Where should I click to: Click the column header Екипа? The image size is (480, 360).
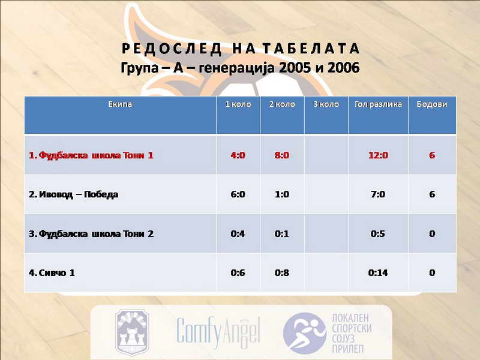120,104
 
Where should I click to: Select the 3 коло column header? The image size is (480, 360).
326,104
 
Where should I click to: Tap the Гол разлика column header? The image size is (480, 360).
378,104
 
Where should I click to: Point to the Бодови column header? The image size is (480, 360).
432,104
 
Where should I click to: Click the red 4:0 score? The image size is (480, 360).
238,155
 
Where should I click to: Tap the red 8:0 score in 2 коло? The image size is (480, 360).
281,155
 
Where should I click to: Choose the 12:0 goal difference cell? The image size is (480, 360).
378,155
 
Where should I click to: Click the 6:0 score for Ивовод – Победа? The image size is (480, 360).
238,194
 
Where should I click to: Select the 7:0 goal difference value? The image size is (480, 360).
378,194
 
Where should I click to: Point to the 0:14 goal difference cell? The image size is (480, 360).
378,273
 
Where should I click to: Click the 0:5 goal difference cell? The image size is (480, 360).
378,234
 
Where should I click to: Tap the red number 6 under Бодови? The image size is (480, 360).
432,155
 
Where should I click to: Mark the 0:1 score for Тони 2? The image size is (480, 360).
281,234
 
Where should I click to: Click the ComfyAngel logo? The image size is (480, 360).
218,332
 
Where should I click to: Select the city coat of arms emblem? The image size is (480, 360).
132,332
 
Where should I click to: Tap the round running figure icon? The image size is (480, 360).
305,333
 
